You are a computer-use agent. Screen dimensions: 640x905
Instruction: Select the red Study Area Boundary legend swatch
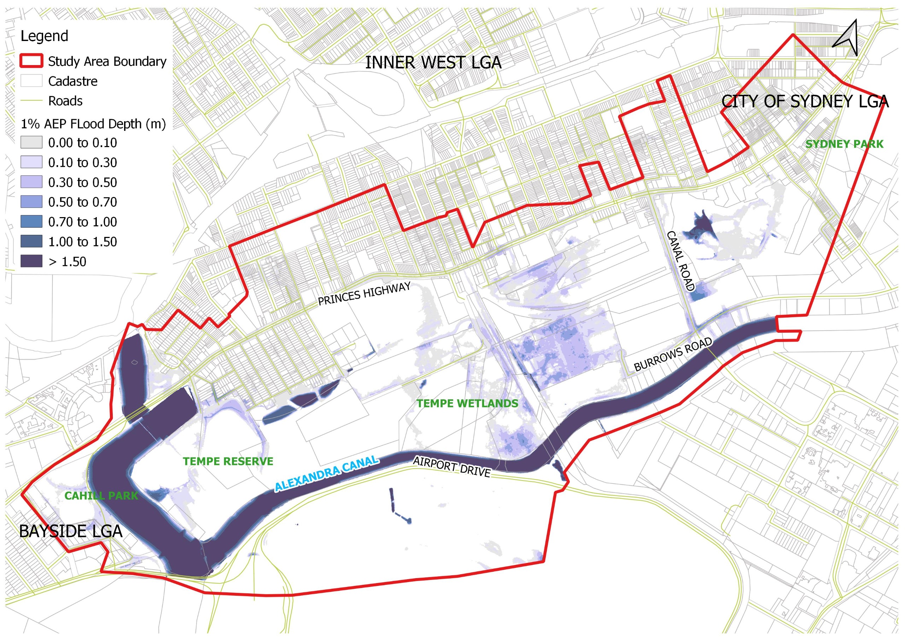(31, 62)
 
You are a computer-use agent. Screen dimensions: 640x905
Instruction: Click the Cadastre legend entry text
(72, 81)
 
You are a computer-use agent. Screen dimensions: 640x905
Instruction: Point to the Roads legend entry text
(65, 101)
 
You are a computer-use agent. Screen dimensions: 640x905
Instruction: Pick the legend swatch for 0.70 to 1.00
(31, 222)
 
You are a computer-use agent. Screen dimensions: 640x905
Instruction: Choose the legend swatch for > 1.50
(31, 261)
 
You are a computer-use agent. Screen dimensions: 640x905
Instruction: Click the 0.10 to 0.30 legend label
(82, 162)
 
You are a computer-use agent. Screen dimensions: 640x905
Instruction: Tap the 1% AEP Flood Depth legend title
(93, 124)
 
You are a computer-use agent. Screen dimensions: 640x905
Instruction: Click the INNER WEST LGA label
(433, 63)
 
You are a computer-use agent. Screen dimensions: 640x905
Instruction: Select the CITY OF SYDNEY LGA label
(805, 102)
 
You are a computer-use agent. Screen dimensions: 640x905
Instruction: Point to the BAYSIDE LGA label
(71, 531)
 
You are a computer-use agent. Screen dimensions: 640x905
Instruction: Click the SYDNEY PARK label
(844, 144)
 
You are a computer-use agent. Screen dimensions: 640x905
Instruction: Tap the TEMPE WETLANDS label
(467, 403)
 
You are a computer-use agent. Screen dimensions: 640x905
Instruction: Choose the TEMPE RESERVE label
(228, 461)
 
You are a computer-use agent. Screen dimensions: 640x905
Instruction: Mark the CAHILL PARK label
(101, 496)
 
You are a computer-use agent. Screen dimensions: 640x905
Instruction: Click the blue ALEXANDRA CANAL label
(326, 474)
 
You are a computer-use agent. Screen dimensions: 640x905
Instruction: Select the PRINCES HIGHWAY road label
(364, 294)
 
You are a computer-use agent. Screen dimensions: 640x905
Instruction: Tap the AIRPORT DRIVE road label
(452, 467)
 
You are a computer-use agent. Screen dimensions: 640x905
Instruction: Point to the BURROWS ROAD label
(673, 354)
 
